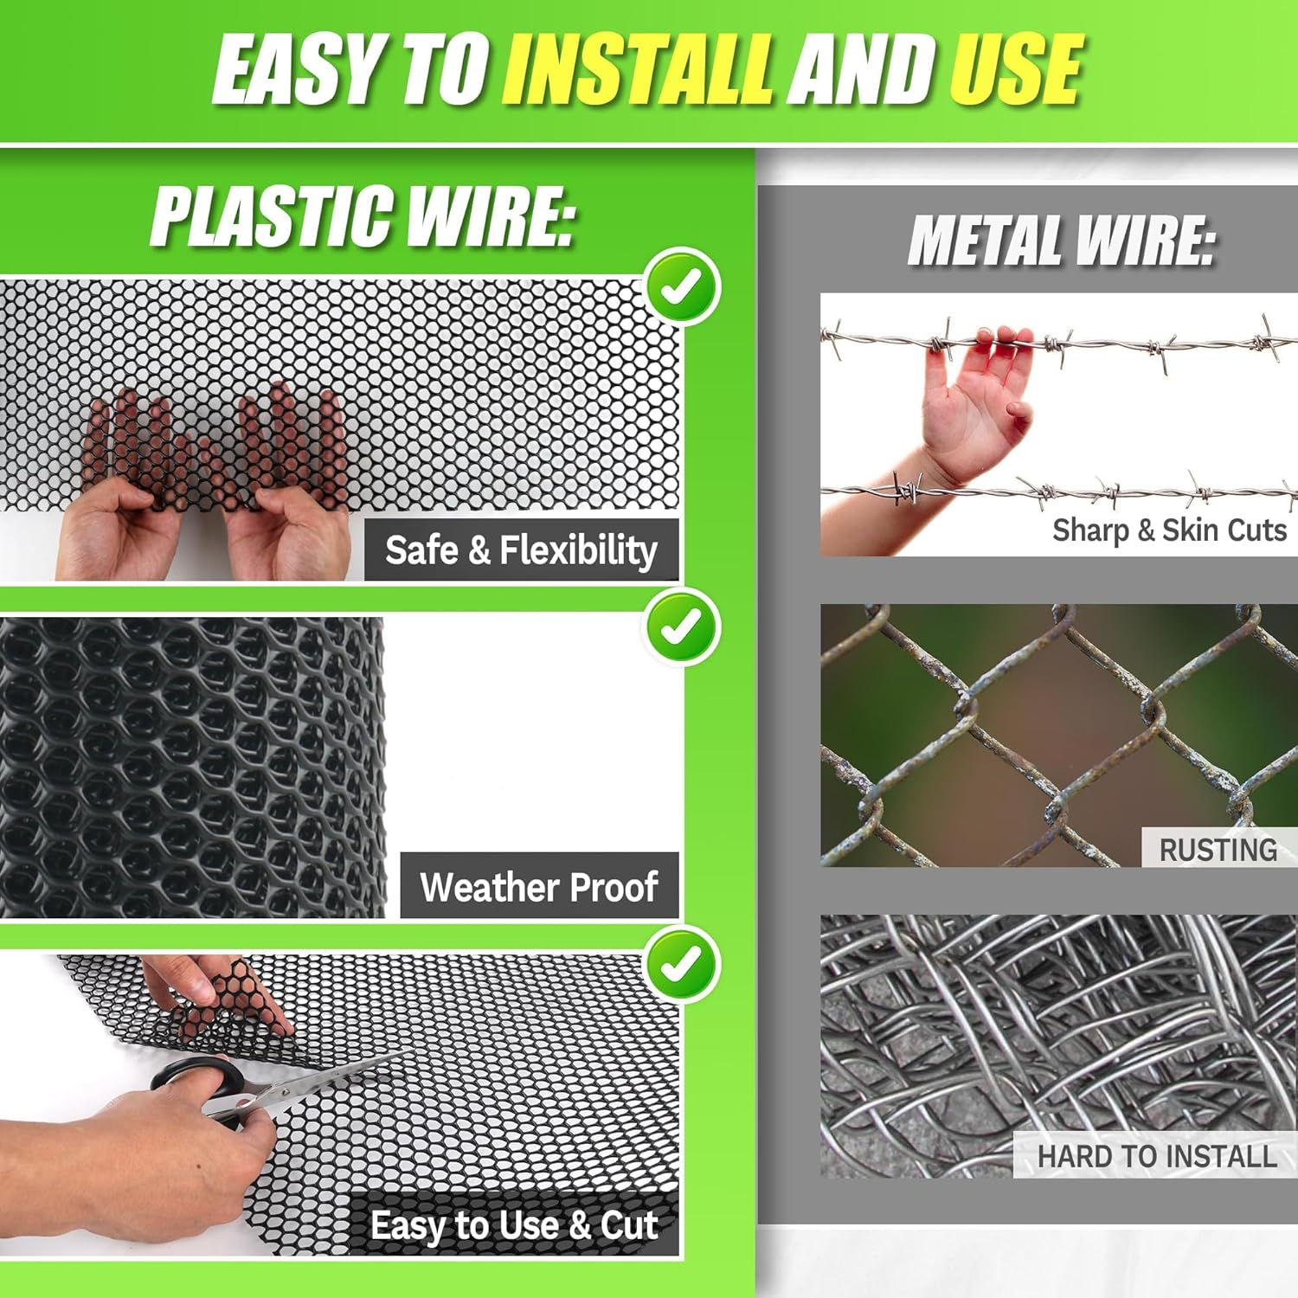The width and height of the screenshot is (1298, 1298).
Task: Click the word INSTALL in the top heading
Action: tap(636, 69)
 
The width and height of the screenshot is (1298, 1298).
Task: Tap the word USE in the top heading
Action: tap(1014, 69)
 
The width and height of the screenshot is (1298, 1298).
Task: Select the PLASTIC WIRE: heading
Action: tap(363, 216)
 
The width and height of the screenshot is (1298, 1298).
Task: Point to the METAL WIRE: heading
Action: tap(1061, 240)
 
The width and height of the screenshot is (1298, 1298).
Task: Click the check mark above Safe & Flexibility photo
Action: tap(681, 286)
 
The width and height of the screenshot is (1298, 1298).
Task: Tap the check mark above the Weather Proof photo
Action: tap(681, 627)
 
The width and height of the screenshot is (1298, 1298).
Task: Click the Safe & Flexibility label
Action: tap(521, 550)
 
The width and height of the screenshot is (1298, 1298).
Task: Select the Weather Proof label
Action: tap(539, 887)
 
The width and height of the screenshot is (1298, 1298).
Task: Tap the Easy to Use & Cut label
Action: tap(514, 1225)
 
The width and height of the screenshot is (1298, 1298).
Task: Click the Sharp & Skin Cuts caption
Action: tap(1169, 530)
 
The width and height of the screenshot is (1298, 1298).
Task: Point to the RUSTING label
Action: tap(1218, 850)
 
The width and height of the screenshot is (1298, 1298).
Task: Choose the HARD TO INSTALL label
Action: tap(1156, 1156)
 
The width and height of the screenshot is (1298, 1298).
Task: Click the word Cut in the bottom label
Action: tap(629, 1225)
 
